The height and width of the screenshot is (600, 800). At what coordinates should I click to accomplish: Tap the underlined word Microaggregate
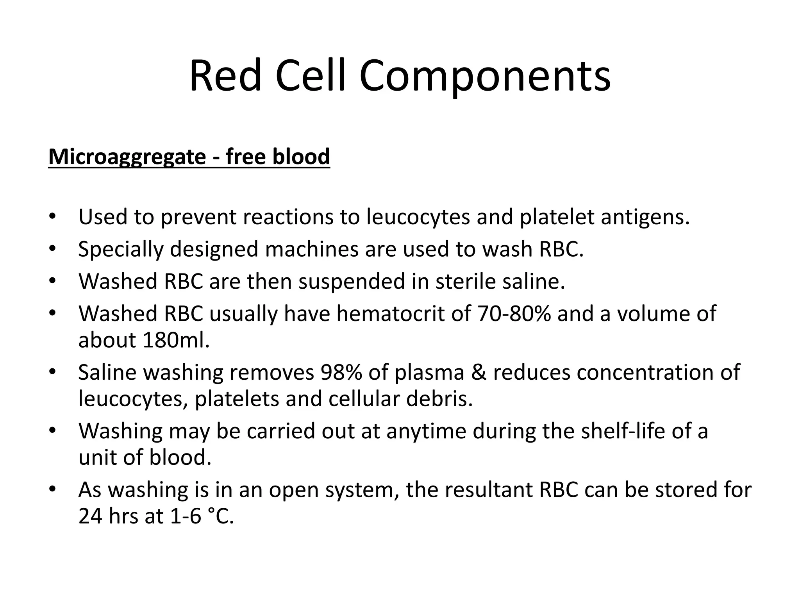[127, 157]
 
